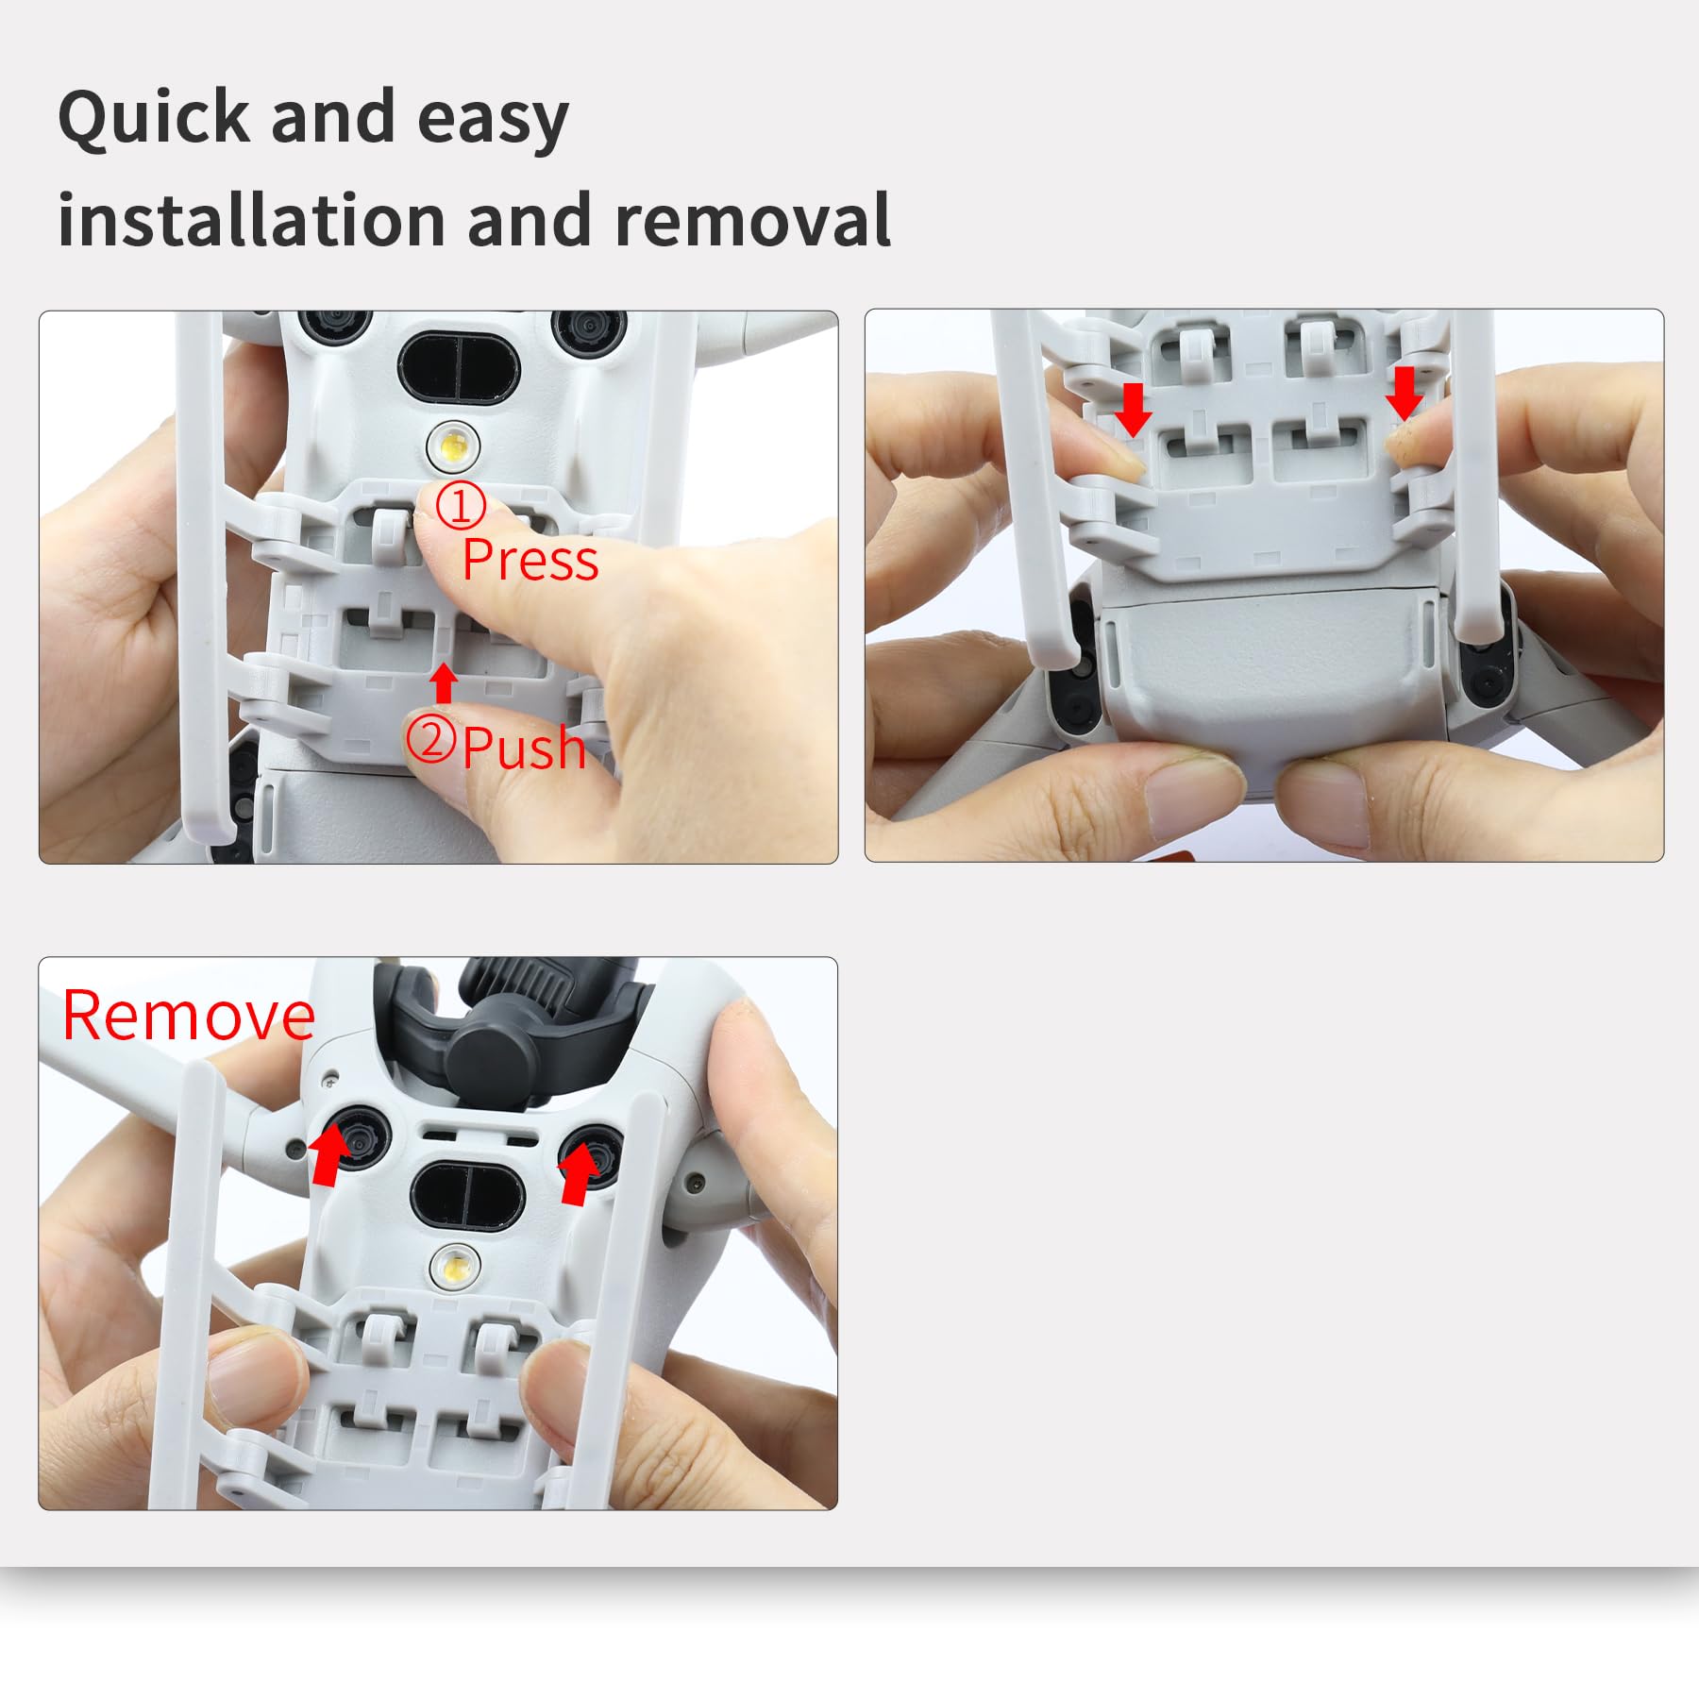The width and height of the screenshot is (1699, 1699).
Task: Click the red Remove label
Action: (188, 1016)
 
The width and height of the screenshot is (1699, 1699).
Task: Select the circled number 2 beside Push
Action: (432, 739)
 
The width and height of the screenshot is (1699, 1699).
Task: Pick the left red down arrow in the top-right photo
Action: (1134, 409)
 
